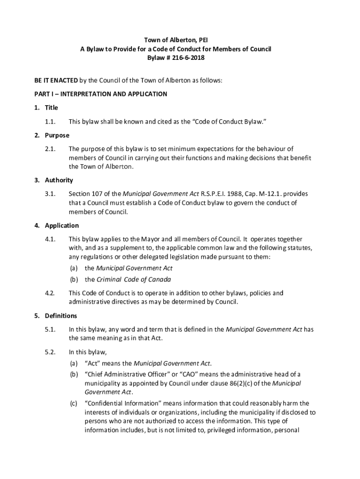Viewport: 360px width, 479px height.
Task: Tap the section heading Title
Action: (51, 108)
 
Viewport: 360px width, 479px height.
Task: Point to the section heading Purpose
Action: (57, 135)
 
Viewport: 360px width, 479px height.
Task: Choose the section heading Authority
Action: (59, 180)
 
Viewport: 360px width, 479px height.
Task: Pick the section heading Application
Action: (61, 225)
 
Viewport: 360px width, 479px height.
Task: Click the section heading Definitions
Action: (61, 316)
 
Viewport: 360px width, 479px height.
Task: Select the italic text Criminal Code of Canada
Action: (133, 280)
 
